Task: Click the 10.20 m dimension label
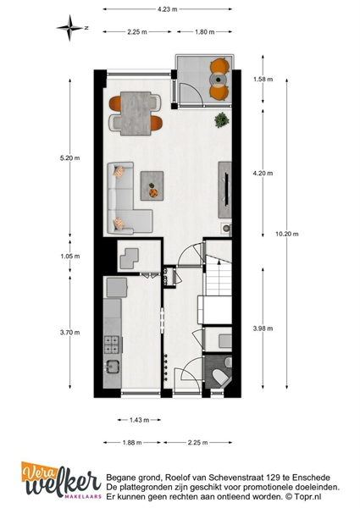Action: [287, 234]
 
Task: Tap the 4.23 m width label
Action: [168, 9]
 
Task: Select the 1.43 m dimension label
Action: [139, 420]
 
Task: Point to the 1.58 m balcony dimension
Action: [263, 79]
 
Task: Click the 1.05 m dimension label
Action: [70, 257]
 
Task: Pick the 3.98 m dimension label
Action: [263, 329]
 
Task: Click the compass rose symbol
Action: [69, 28]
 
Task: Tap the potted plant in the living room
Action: [222, 120]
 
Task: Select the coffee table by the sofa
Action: [152, 185]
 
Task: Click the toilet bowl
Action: [221, 378]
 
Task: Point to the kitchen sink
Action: [113, 367]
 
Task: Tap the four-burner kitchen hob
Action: [112, 345]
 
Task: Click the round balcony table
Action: [218, 79]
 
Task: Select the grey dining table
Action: [136, 113]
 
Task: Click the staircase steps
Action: [219, 275]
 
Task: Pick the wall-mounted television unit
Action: [224, 190]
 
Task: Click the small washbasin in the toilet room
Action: [229, 362]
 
